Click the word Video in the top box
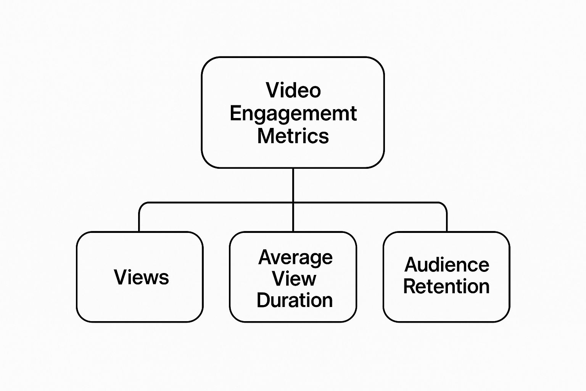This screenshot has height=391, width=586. pos(293,90)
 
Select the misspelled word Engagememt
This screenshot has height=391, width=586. pos(293,113)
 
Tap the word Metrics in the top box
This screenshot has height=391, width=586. pos(293,136)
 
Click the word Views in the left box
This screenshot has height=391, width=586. pos(141,277)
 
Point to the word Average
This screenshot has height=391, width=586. pos(295,258)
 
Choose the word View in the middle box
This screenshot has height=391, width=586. pos(294,279)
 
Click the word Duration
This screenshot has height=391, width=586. pos(295,301)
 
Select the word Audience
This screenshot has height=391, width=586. pos(447,265)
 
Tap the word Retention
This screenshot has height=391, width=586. pos(446,286)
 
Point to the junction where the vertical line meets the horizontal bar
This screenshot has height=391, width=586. pos(293,203)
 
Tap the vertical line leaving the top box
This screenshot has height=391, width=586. pos(293,185)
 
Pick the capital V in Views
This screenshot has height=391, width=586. pos(120,277)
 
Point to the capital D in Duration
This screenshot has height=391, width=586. pos(264,301)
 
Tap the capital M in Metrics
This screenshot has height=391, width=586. pos(266,136)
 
